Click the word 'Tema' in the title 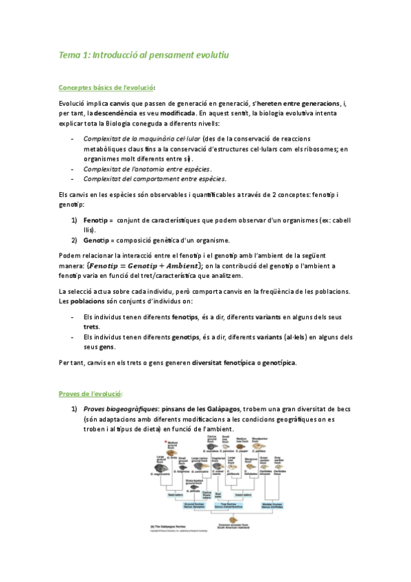coord(69,54)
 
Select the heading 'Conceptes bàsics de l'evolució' coord(106,88)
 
